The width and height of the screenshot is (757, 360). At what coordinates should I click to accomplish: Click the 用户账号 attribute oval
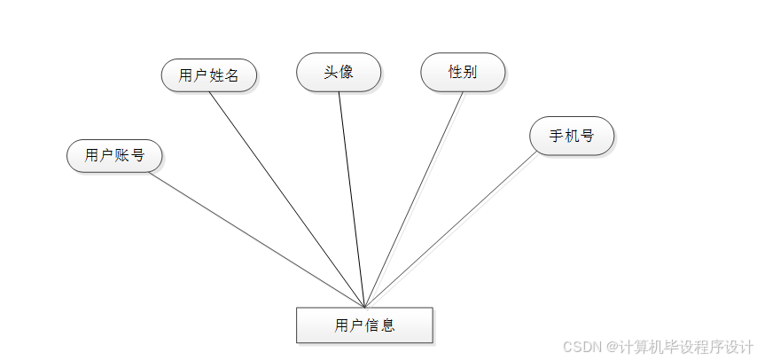(114, 156)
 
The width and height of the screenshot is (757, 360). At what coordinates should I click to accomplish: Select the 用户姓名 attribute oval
(209, 75)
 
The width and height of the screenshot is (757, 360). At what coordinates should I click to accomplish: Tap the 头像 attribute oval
(339, 72)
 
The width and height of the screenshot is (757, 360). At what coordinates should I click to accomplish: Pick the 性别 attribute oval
(463, 72)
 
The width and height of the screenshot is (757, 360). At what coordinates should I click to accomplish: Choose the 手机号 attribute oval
(572, 136)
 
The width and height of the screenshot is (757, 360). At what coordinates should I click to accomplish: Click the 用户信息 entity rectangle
(364, 325)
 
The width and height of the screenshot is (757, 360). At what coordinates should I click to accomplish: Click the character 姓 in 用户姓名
(216, 75)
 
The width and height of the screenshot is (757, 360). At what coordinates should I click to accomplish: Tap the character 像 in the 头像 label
(346, 72)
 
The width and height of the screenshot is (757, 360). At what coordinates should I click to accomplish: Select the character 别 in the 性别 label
(470, 72)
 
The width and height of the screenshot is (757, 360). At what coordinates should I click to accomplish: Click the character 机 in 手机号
(572, 136)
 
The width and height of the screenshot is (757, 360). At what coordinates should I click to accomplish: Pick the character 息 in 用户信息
(387, 325)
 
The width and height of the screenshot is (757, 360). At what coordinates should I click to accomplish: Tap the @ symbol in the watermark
(612, 346)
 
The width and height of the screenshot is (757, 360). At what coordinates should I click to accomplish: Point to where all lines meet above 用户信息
(364, 306)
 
